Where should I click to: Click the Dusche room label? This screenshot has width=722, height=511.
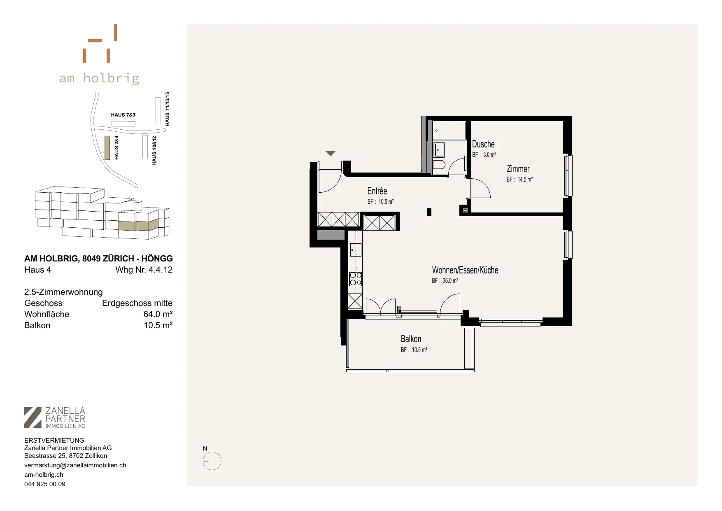click(x=483, y=144)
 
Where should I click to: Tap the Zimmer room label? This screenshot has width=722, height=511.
click(x=518, y=169)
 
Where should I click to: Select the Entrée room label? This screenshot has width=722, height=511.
click(x=377, y=191)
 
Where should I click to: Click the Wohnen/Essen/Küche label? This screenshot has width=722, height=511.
click(x=465, y=270)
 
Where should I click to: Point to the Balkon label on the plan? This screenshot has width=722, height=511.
click(x=411, y=339)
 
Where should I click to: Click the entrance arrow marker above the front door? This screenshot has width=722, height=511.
click(x=331, y=154)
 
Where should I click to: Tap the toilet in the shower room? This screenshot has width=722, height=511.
click(x=439, y=166)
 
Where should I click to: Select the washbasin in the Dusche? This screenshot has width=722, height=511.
click(x=439, y=149)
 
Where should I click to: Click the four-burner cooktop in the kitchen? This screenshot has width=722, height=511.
click(x=355, y=279)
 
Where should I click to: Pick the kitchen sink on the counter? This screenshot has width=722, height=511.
click(x=355, y=250)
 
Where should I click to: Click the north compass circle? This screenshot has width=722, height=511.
click(x=212, y=461)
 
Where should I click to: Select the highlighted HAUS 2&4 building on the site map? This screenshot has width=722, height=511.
click(x=107, y=147)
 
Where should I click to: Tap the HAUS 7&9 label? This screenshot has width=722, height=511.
click(x=123, y=115)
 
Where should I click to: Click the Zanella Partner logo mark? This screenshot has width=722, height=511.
click(x=33, y=418)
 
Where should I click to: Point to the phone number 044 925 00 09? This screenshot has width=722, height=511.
click(x=45, y=484)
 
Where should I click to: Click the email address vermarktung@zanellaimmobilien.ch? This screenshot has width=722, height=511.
click(x=75, y=465)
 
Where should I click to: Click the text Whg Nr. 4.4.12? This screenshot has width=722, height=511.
click(x=144, y=270)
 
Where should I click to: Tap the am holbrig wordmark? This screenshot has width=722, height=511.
click(x=99, y=78)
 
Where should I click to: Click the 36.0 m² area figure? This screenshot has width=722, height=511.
click(x=450, y=281)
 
